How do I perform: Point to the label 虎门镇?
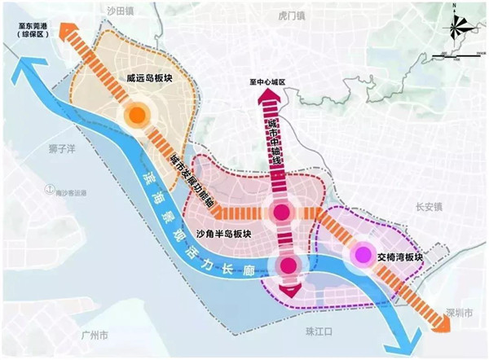[x=290, y=15]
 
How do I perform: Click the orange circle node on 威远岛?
[x=136, y=115]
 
